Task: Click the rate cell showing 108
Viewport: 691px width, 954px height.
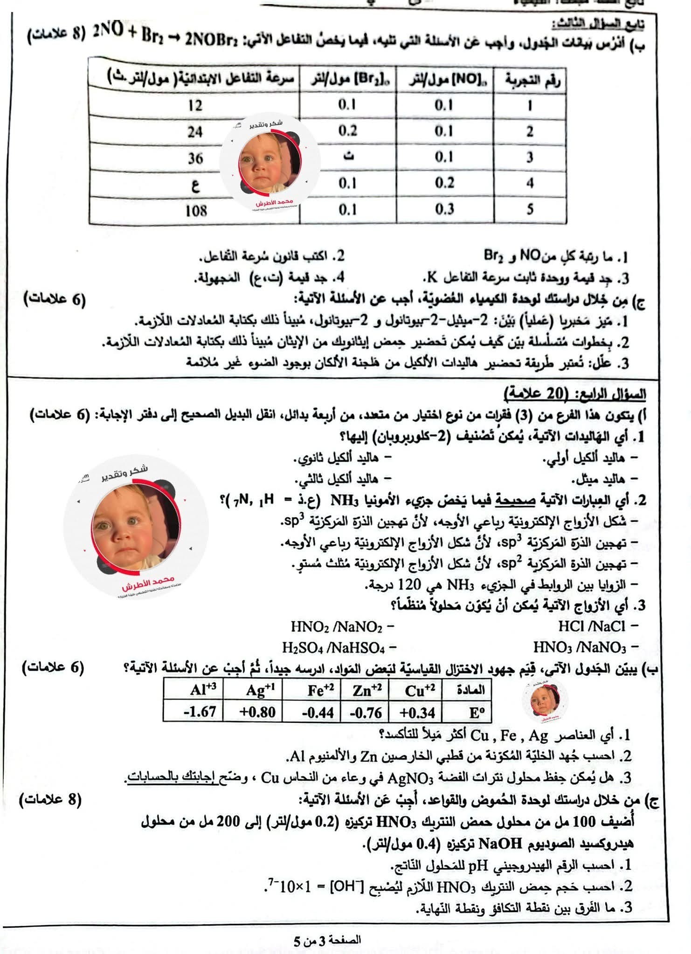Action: pos(196,211)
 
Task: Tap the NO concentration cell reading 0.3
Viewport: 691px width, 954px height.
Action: pos(444,209)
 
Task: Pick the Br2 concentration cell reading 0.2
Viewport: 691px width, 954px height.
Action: pos(348,131)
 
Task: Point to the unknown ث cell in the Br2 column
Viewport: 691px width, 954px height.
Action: pos(348,157)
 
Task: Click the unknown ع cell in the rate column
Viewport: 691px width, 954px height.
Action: pos(196,185)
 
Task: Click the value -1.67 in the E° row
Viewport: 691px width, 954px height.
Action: pos(199,712)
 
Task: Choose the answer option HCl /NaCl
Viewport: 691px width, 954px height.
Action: pos(592,626)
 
